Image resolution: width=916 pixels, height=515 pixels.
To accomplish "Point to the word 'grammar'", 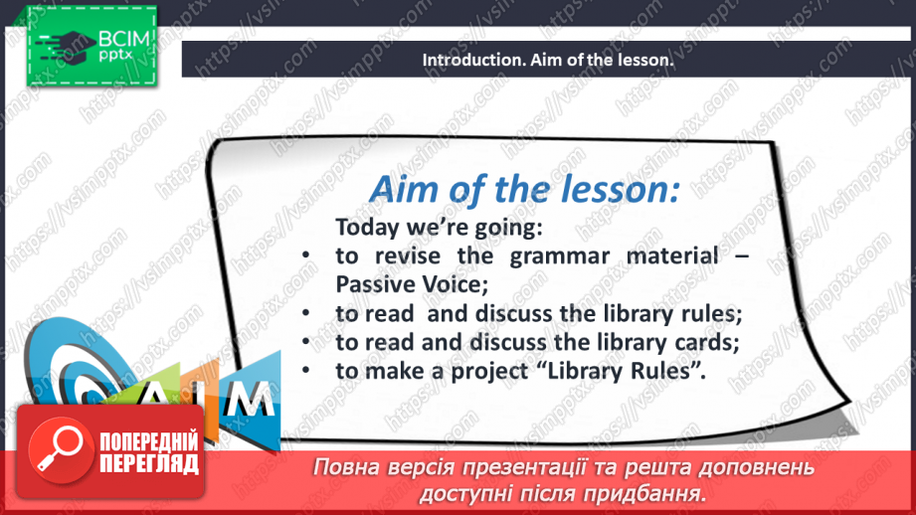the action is [560, 257].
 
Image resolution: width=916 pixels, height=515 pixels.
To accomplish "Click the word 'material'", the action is [672, 256].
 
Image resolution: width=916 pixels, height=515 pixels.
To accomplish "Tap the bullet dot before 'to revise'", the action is [306, 257].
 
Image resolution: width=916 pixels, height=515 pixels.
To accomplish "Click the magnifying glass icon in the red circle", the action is [59, 449].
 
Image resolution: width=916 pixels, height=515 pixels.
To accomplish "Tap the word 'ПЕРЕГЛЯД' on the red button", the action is [149, 463].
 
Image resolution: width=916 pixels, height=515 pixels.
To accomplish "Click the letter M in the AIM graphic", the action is [250, 400].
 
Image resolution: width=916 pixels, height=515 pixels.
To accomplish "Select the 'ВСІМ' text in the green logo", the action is [124, 39].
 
